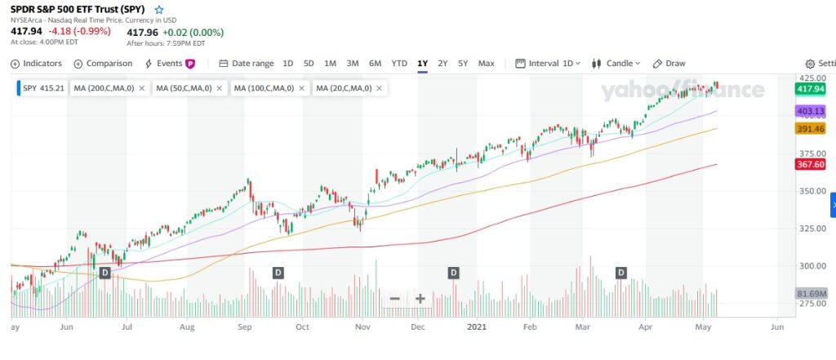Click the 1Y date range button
(x=422, y=64)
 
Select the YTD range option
(x=399, y=64)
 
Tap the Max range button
(x=486, y=64)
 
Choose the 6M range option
(x=375, y=64)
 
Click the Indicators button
(x=37, y=64)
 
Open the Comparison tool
(x=103, y=64)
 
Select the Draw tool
(x=669, y=64)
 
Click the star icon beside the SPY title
(x=159, y=9)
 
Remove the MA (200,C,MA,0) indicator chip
(x=142, y=88)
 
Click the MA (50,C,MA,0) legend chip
(x=184, y=88)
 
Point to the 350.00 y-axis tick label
(x=810, y=191)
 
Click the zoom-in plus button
(x=420, y=299)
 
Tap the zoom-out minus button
(x=394, y=299)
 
